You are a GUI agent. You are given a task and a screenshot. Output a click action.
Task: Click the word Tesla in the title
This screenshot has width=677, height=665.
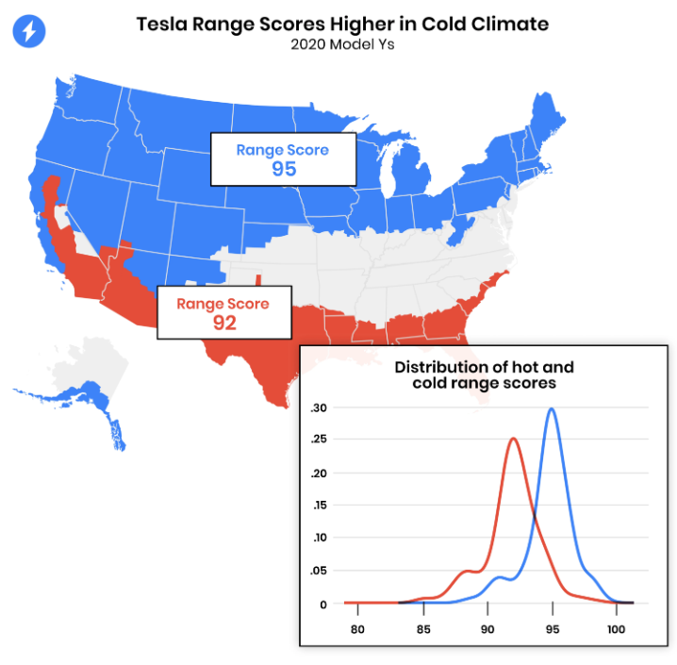(x=162, y=24)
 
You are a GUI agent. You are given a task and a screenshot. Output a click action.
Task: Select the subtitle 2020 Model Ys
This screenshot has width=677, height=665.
(x=341, y=43)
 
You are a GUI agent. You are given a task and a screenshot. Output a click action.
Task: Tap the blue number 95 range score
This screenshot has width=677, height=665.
(x=283, y=169)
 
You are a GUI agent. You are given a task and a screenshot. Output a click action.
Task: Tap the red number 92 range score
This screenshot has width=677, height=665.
(x=223, y=322)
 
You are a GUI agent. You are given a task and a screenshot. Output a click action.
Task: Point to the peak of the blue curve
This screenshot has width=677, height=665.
(x=551, y=409)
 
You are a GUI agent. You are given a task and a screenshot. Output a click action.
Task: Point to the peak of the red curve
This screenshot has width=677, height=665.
(x=513, y=439)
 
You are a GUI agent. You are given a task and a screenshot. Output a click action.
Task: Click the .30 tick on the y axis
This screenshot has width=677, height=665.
(x=319, y=407)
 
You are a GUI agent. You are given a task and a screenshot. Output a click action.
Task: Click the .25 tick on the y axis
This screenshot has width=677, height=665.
(x=319, y=440)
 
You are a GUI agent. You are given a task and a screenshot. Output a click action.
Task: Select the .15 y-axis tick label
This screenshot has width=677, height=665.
(x=319, y=506)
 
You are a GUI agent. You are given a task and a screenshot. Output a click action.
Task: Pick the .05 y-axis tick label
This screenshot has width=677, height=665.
(x=319, y=572)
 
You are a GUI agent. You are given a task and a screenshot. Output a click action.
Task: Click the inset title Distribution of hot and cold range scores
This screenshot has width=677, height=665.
(x=483, y=374)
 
